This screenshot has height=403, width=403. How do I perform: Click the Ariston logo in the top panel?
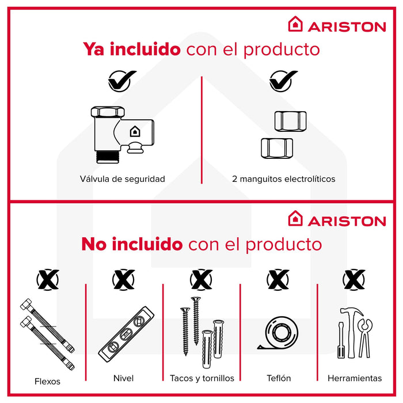337,25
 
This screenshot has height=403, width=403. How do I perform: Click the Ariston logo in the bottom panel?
337,220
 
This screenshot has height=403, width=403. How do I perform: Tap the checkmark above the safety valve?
122,80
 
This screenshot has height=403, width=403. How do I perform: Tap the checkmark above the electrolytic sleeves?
283,80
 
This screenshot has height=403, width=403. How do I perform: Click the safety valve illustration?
122,130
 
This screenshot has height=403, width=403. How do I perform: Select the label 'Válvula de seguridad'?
122,179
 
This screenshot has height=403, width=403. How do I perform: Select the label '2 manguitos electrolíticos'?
283,179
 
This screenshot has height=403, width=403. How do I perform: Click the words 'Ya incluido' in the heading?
132,49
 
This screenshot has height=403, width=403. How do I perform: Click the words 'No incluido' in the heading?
131,244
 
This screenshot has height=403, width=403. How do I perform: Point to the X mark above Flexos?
47,280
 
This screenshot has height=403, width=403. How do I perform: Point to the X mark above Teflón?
279,280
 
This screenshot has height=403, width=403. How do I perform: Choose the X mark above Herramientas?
354,280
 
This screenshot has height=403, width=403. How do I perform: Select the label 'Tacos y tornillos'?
202,378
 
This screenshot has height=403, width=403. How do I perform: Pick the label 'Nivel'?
123,378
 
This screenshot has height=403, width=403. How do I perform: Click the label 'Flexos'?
47,381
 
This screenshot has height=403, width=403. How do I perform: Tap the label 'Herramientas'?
354,378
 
